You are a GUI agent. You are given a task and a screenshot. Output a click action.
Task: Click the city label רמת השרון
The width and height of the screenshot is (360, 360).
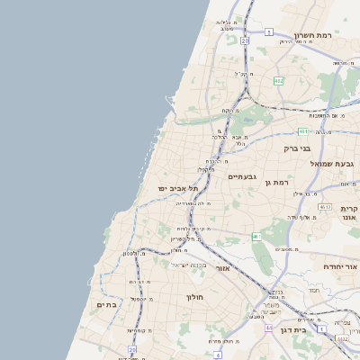coord(331,34)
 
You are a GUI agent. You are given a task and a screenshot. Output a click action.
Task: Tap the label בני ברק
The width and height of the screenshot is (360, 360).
coord(296,148)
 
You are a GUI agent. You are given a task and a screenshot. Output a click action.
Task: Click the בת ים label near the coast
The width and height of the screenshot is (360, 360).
coord(107,305)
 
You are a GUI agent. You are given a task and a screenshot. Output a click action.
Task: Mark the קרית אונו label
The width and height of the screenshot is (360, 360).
coord(349,212)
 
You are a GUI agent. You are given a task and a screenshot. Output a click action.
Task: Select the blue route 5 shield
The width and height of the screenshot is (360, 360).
coord(268,31)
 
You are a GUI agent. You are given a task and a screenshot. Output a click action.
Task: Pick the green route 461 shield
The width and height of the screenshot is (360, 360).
coord(256,237)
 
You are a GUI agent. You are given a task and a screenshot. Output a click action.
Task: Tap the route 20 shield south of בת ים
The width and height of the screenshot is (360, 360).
coord(131,348)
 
